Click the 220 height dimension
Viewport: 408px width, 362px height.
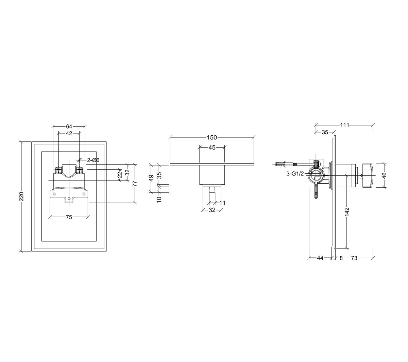22,196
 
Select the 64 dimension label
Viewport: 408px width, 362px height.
69,126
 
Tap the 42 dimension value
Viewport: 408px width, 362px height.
69,133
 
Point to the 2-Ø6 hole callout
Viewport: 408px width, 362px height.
93,160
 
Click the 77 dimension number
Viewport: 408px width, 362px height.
135,184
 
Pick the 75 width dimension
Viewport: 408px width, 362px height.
69,217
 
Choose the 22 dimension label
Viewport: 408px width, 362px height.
120,174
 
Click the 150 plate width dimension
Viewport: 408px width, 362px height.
212,137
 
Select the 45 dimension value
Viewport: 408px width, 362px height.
212,148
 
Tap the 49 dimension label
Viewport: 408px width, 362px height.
151,178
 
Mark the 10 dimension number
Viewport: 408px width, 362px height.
159,199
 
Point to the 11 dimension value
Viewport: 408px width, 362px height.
222,203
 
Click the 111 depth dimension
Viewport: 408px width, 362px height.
344,125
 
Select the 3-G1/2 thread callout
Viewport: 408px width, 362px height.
295,174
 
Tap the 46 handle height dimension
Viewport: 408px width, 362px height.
384,176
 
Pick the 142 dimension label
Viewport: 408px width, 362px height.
347,212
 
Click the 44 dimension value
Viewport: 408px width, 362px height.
320,258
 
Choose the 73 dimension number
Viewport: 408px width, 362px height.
354,258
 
